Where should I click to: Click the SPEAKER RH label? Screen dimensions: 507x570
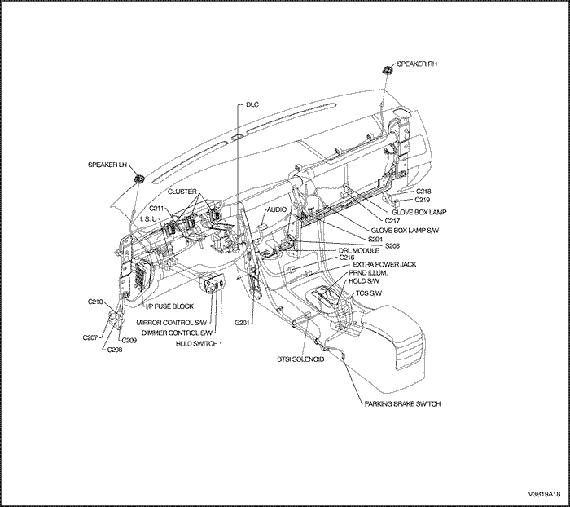417,64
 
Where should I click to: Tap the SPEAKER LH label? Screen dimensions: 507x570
107,165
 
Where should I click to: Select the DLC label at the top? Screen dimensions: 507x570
252,105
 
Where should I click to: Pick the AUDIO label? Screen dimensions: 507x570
277,209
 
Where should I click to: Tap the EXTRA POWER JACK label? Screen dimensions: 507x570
384,265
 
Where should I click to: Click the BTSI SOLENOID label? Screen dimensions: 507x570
300,359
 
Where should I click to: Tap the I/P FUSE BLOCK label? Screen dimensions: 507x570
169,306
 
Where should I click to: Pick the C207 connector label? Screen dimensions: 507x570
90,337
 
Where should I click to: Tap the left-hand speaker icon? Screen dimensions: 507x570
139,177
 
